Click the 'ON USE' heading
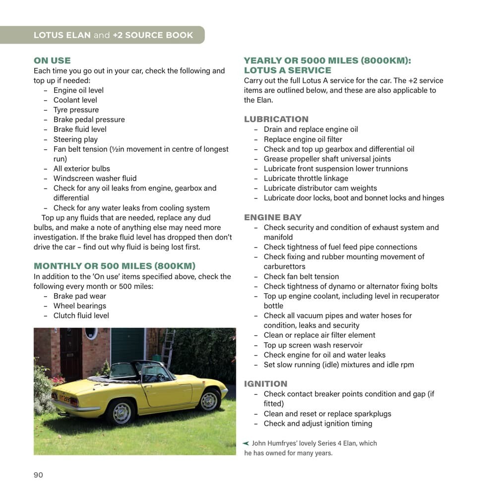coord(52,61)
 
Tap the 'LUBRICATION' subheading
coord(276,119)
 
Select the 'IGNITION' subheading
coord(265,383)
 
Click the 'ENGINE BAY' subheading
coord(272,217)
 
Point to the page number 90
coord(38,475)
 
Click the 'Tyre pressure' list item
coord(76,110)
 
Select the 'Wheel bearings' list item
coord(79,306)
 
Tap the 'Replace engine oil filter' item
coord(303,139)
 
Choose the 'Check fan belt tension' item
coord(301,276)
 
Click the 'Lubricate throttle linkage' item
coord(306,178)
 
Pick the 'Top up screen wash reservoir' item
coord(313,345)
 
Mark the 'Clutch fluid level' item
coord(81,315)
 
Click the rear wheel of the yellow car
coord(121,411)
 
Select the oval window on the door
coord(91,333)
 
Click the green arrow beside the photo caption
coord(246,443)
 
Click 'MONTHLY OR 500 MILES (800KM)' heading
coord(114,266)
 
